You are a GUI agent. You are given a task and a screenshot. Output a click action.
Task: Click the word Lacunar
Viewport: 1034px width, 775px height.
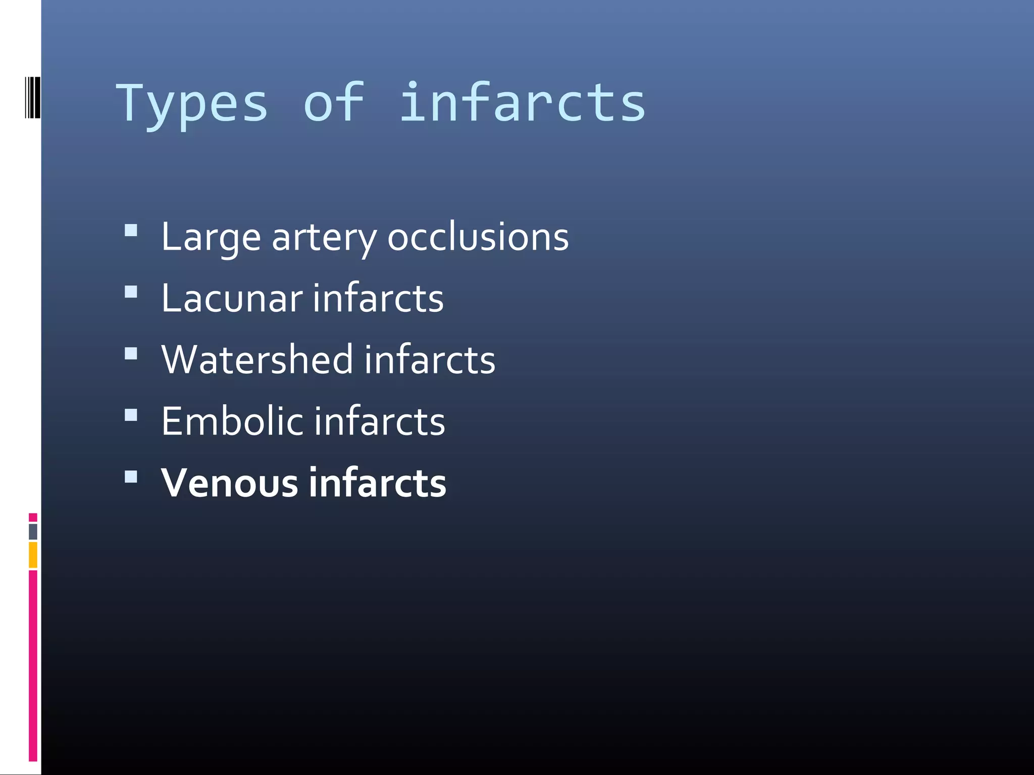[x=232, y=298]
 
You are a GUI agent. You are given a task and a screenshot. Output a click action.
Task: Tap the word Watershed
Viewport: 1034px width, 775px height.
[x=257, y=360]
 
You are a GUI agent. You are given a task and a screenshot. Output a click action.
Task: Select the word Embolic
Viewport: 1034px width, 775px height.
[x=232, y=421]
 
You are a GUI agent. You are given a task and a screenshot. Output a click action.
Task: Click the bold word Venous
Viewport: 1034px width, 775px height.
[x=230, y=483]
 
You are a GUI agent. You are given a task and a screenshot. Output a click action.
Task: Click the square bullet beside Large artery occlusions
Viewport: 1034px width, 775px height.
[x=131, y=231]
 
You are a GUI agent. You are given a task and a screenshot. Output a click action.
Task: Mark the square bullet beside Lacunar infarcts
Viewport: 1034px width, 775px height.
[x=131, y=292]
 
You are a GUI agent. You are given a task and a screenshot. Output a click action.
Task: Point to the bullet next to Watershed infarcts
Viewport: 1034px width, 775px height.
[x=131, y=353]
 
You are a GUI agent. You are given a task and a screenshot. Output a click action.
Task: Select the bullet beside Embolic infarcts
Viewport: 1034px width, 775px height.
[x=131, y=415]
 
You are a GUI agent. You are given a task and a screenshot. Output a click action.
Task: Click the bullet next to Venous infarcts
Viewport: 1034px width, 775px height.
[x=131, y=476]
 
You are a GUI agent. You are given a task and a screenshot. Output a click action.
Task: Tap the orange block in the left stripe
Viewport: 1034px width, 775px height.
[x=33, y=555]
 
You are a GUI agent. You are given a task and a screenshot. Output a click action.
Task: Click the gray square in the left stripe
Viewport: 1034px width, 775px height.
[x=33, y=531]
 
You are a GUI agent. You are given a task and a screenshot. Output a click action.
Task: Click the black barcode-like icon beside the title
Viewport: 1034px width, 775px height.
[x=32, y=97]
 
